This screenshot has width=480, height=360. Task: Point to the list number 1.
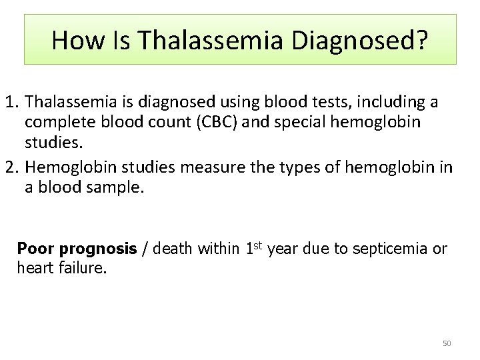click(10, 103)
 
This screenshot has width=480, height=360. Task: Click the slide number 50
click(447, 343)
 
